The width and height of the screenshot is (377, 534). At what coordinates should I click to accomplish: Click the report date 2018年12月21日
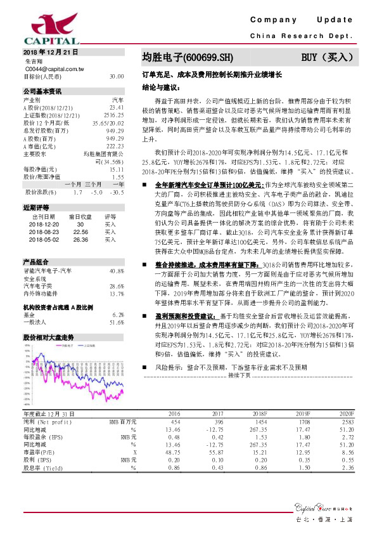coord(50,51)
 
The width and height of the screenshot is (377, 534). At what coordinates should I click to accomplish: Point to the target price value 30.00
coord(116,75)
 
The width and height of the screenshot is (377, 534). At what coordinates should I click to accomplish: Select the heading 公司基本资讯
coord(42,91)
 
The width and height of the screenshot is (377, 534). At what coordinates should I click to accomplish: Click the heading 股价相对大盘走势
coord(48,337)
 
